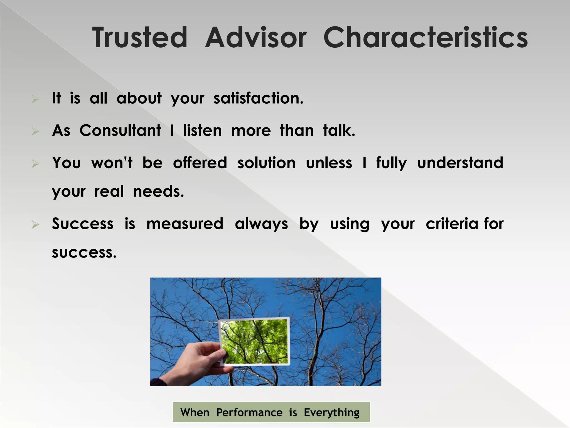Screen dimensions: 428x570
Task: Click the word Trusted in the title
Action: (x=140, y=38)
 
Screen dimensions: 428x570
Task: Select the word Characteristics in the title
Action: (x=425, y=38)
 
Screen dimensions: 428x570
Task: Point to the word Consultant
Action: (x=120, y=130)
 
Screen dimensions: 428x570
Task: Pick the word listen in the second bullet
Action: (x=202, y=130)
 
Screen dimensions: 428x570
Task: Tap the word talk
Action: (x=339, y=130)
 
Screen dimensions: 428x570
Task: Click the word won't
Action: (x=112, y=163)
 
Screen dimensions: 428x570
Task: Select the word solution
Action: (x=266, y=163)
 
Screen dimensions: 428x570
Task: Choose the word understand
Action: (x=460, y=163)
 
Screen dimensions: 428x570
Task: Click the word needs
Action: (x=158, y=192)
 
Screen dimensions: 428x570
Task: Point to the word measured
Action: (x=185, y=224)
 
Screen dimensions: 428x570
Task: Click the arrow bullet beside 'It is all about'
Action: (x=35, y=99)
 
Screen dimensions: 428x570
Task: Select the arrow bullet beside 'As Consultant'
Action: (x=35, y=131)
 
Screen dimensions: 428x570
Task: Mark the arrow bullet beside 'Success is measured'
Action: (x=35, y=224)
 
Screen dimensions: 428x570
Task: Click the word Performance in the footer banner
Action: (x=249, y=412)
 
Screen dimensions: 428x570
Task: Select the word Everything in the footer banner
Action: (x=331, y=412)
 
